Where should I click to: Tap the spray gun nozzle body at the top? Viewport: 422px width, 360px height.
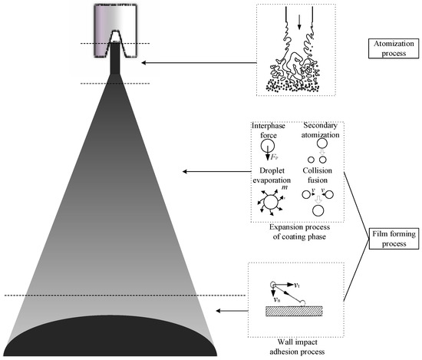(116, 24)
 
